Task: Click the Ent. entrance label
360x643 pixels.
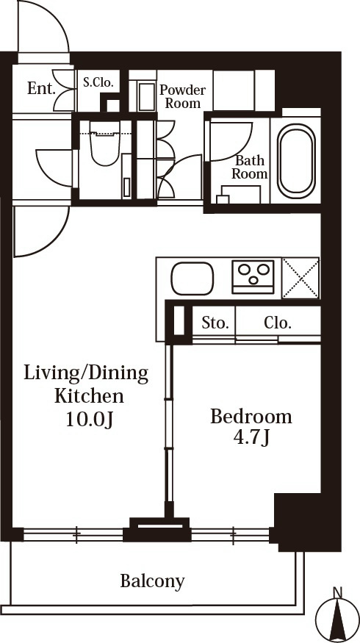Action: tap(41, 88)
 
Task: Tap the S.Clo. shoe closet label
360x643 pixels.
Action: tap(98, 82)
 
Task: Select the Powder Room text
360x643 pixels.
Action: tap(183, 96)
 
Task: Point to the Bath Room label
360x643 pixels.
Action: tap(249, 168)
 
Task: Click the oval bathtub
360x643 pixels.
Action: tap(296, 161)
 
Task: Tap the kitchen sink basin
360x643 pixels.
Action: tap(192, 279)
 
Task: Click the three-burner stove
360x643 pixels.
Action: tap(253, 277)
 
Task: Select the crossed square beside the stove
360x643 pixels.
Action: tap(301, 278)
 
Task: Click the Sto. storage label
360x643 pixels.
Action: tap(215, 323)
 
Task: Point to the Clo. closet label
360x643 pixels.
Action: tap(278, 323)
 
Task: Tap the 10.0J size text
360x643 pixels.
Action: tap(90, 420)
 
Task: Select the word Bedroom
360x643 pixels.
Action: tap(251, 417)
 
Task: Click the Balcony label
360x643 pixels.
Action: tap(152, 581)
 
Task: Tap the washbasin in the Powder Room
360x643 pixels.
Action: tap(146, 97)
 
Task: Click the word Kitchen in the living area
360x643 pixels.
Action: tap(90, 396)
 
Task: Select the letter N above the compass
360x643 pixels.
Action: tap(337, 592)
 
